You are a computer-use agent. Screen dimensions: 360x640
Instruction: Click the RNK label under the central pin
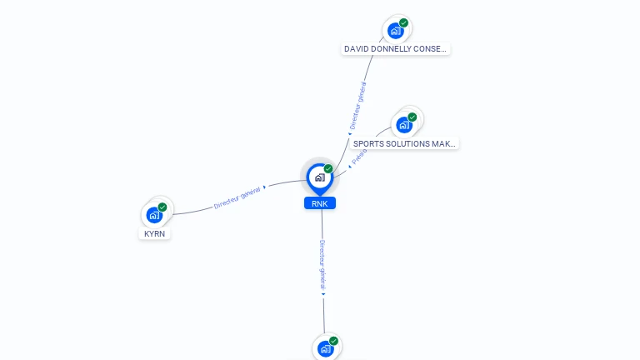pyautogui.click(x=319, y=203)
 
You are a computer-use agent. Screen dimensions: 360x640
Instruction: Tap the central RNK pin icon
pyautogui.click(x=319, y=177)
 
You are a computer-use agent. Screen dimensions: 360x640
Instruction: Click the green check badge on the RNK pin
pyautogui.click(x=328, y=168)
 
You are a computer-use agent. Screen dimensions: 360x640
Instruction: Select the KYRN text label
pyautogui.click(x=155, y=234)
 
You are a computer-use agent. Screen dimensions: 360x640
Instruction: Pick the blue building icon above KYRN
pyautogui.click(x=154, y=215)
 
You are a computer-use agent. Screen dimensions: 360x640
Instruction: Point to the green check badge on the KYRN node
pyautogui.click(x=162, y=207)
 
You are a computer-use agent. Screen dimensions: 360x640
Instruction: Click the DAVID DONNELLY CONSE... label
pyautogui.click(x=396, y=49)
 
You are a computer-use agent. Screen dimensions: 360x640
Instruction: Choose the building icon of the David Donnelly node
pyautogui.click(x=395, y=31)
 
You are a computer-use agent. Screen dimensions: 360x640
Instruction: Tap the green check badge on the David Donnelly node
pyautogui.click(x=403, y=22)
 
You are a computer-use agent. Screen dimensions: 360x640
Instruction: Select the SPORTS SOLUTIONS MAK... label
pyautogui.click(x=404, y=143)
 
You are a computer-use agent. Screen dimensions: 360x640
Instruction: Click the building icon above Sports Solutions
pyautogui.click(x=404, y=125)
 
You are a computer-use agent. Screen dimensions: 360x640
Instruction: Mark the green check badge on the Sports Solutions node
pyautogui.click(x=412, y=117)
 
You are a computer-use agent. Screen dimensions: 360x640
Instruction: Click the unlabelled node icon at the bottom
pyautogui.click(x=326, y=349)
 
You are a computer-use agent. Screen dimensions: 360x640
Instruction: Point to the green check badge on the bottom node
pyautogui.click(x=333, y=340)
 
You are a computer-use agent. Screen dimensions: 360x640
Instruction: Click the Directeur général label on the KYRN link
pyautogui.click(x=237, y=197)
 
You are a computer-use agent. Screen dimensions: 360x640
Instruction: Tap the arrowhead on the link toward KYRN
pyautogui.click(x=265, y=187)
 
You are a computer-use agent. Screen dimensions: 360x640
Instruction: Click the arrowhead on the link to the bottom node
pyautogui.click(x=323, y=293)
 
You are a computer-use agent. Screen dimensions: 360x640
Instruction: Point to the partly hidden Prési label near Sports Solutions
pyautogui.click(x=357, y=157)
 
